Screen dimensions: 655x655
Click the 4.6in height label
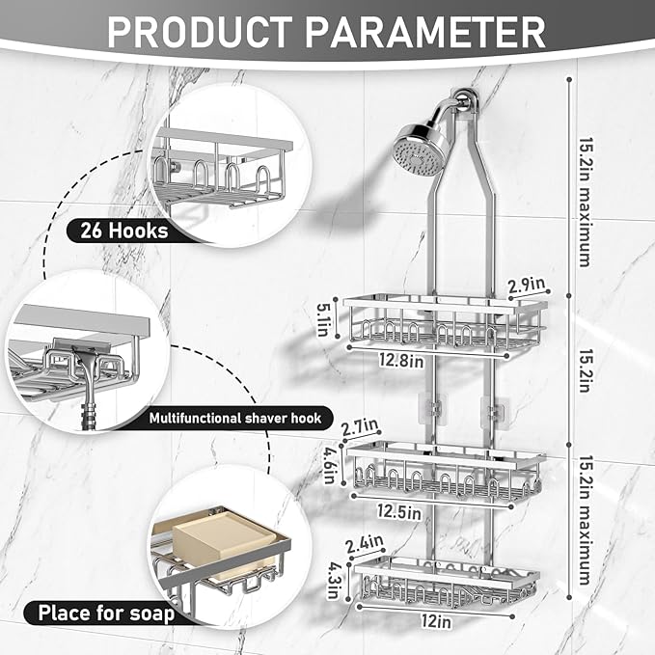(x=331, y=459)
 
